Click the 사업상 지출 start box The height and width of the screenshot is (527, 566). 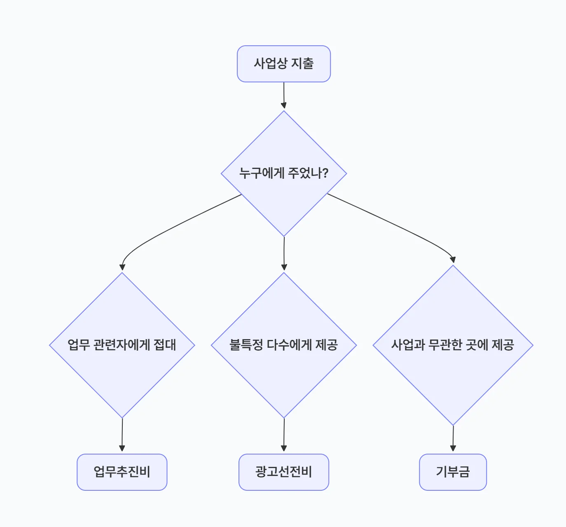coord(283,64)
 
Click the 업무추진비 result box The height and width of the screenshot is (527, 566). coord(122,472)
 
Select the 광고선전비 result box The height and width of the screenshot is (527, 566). coord(283,472)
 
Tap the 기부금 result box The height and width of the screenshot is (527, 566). coord(453,472)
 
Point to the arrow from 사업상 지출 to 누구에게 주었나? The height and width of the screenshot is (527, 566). coord(283,95)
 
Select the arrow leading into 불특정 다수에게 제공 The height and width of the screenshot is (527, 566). coord(284,253)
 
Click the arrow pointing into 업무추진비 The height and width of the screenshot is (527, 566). coord(122,435)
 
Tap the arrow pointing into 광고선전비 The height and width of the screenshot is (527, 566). coord(283,435)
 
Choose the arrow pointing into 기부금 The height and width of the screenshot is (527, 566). coord(453,438)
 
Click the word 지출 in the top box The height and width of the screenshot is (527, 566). coord(302,63)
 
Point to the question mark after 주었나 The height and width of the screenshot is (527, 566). coord(325,173)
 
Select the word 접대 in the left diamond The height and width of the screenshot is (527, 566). coord(165,344)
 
